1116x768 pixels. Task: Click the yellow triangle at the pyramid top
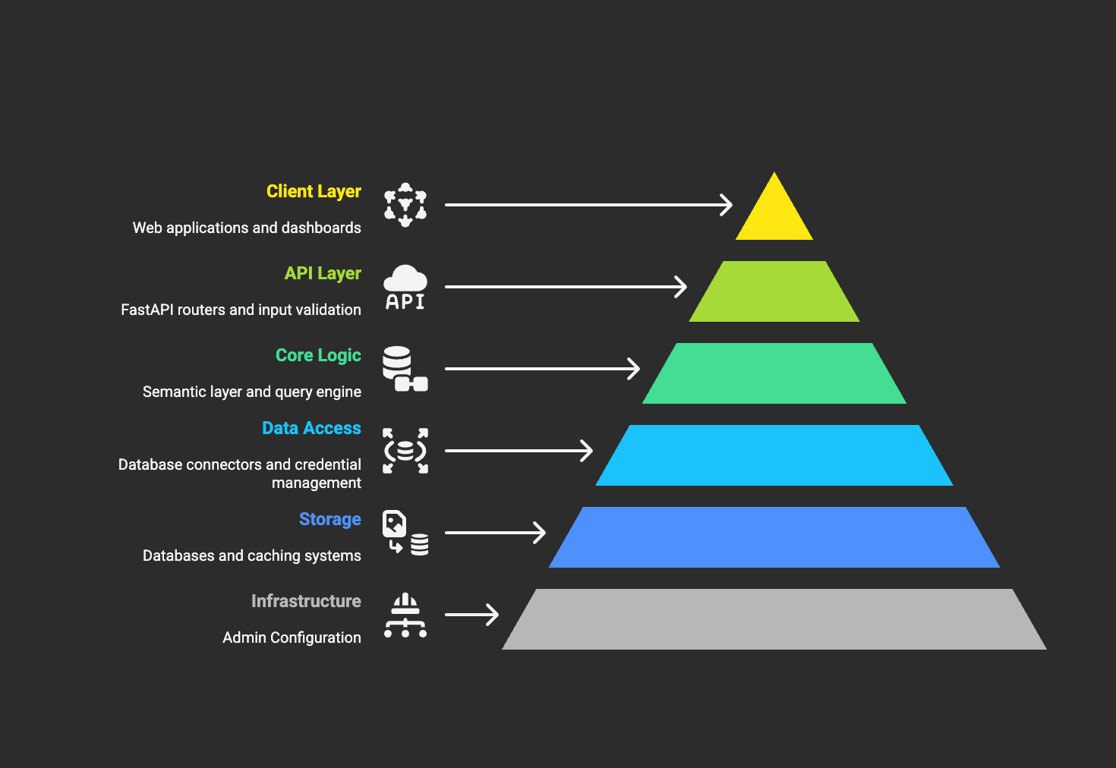tap(774, 214)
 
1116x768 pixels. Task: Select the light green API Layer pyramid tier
tap(774, 291)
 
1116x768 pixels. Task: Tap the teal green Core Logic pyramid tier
tap(774, 373)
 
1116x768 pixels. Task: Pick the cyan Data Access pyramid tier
tap(774, 455)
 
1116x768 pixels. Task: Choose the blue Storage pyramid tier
tap(774, 537)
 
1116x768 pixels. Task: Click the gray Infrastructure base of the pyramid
tap(774, 619)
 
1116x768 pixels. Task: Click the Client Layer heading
tap(314, 192)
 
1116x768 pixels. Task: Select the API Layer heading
tap(323, 273)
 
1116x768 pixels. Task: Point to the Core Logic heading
tap(318, 356)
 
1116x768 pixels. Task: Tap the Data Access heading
tap(311, 428)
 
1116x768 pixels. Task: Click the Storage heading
tap(329, 520)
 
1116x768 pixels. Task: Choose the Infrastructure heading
tap(306, 601)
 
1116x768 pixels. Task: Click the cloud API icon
tap(405, 288)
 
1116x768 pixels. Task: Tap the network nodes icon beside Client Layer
tap(405, 205)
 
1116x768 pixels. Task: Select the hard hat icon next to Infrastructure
tap(405, 615)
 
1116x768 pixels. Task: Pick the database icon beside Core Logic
tap(405, 369)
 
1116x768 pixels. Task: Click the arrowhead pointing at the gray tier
tap(492, 615)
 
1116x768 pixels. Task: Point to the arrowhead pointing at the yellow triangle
tap(727, 205)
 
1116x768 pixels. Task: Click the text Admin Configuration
tap(292, 637)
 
